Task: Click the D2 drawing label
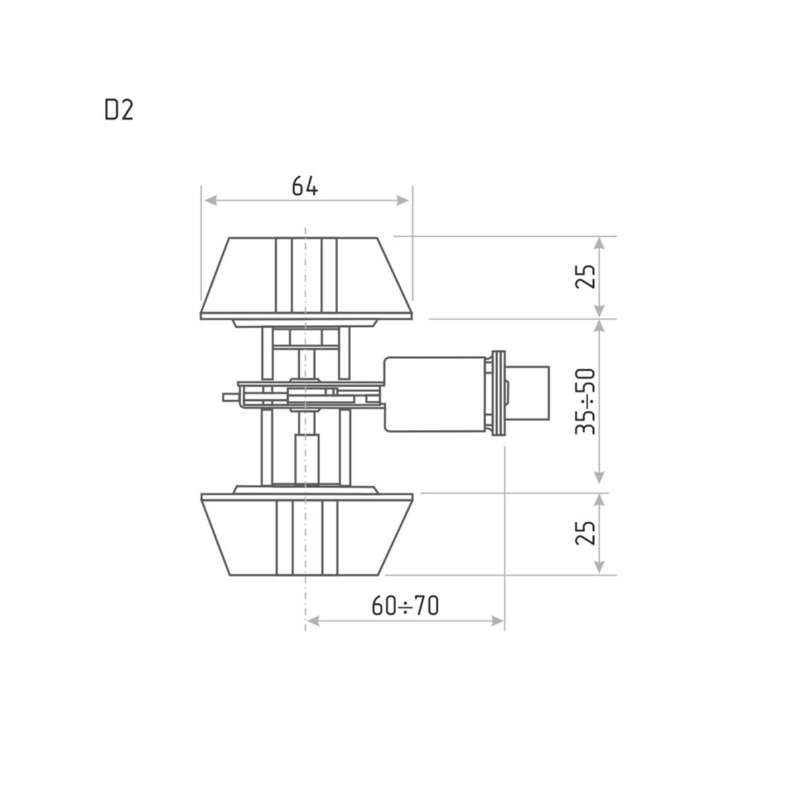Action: (119, 111)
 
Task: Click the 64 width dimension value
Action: (305, 186)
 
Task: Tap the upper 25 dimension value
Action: (586, 276)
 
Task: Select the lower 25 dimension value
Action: (586, 533)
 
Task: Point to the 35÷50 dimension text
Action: (586, 401)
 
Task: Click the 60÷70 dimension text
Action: (405, 606)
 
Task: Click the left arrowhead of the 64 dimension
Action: (211, 200)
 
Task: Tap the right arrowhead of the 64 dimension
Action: (402, 200)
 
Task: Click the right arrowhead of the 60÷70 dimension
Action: (497, 621)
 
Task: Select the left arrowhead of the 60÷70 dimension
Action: (313, 621)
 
